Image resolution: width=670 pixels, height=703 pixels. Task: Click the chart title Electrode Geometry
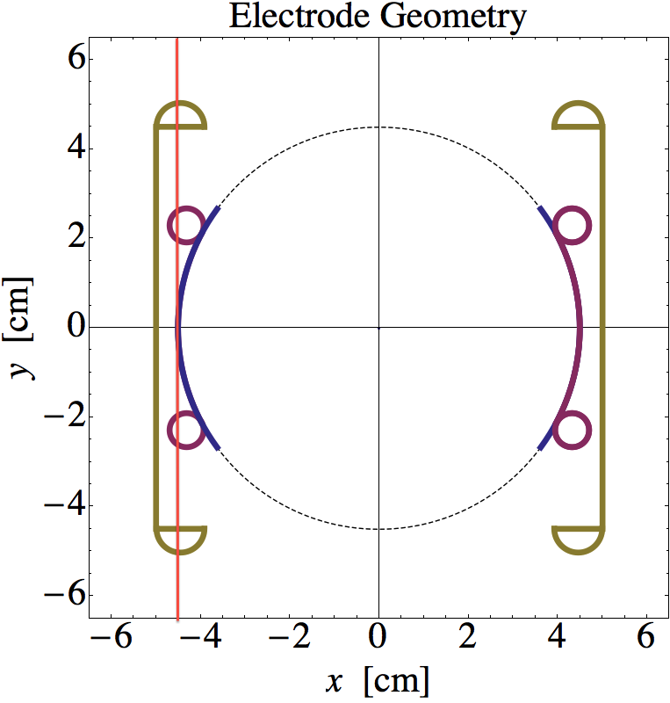point(378,17)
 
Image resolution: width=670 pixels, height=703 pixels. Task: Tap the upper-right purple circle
point(573,225)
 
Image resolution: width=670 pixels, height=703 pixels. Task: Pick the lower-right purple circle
point(573,431)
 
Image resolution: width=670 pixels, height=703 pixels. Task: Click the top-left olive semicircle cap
point(180,116)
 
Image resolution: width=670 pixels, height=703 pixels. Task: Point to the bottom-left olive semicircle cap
point(180,540)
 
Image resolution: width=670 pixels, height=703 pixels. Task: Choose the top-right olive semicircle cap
point(579,116)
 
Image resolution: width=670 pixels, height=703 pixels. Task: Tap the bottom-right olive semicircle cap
point(579,540)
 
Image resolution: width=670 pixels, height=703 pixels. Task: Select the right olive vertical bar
point(603,327)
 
